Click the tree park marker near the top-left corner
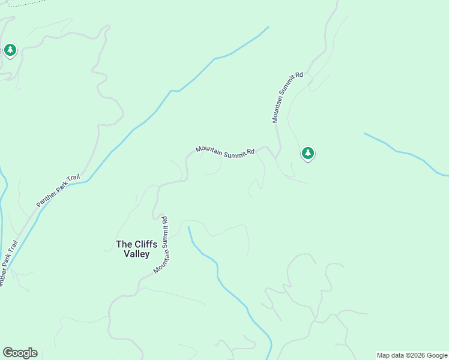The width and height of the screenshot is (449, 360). (x=10, y=50)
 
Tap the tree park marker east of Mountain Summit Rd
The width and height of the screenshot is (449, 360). (x=308, y=154)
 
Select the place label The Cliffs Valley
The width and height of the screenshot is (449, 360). (x=136, y=249)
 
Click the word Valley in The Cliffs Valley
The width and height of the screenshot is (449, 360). (x=136, y=254)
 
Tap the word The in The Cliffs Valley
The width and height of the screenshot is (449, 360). (x=123, y=244)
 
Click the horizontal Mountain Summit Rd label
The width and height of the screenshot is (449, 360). (x=225, y=151)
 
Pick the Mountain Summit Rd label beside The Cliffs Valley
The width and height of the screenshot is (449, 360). (x=161, y=245)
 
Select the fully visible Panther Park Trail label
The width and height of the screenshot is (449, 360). (x=58, y=191)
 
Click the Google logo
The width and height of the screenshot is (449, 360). (x=20, y=353)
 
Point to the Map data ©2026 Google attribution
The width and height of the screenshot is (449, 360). (x=412, y=355)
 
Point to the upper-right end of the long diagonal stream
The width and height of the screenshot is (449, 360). (x=267, y=28)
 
